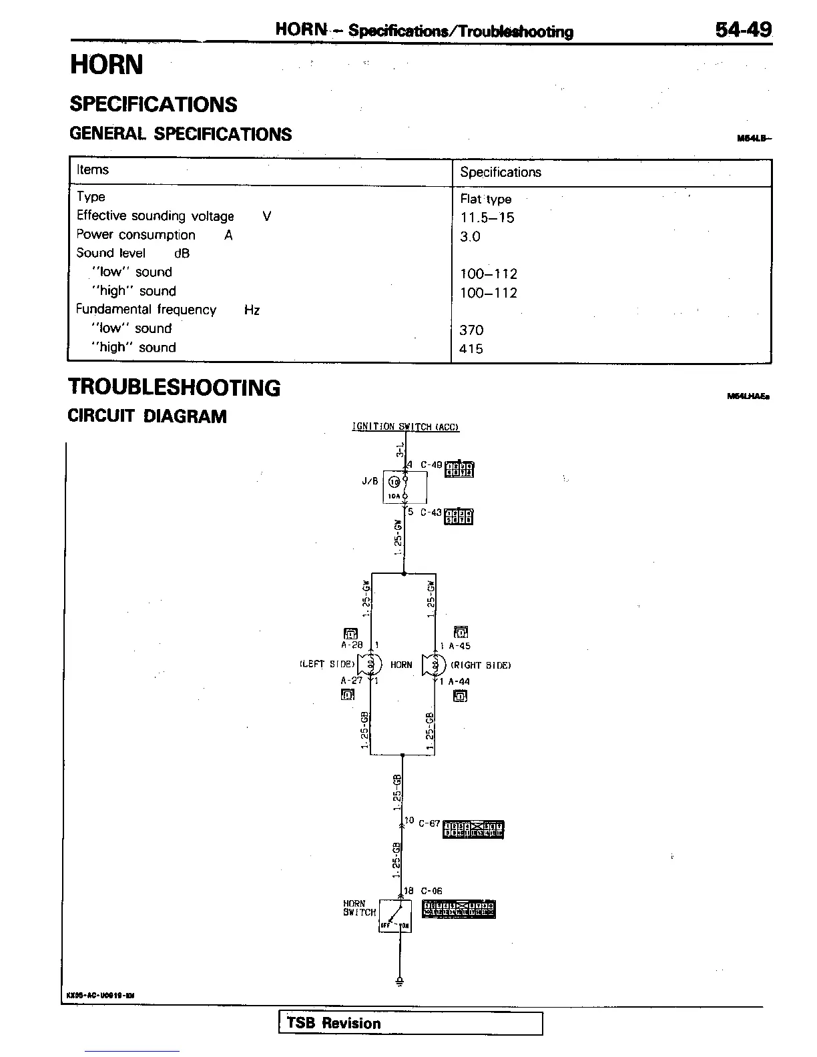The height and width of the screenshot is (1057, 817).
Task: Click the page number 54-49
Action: [744, 29]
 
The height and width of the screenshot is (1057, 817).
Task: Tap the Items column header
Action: [93, 169]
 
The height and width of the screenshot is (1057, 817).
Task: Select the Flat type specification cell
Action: [486, 199]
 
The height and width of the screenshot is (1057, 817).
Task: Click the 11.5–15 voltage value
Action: [487, 218]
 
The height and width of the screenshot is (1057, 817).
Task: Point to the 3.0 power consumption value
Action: [470, 236]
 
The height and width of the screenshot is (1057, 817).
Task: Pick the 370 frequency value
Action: [471, 330]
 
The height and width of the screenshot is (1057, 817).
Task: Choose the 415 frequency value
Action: [471, 348]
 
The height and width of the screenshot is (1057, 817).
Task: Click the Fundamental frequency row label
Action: [146, 310]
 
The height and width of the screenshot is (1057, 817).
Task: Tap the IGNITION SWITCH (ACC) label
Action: [405, 427]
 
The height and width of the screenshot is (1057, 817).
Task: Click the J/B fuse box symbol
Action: [404, 487]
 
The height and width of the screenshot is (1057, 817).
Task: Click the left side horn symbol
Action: [369, 664]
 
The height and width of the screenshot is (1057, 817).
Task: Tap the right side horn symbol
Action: [435, 665]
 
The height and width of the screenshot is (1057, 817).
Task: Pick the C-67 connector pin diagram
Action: [473, 829]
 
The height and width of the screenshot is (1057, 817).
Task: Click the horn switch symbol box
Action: [395, 916]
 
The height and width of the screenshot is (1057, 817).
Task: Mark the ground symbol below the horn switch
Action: [400, 981]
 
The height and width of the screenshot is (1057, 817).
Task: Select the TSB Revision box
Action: [410, 1023]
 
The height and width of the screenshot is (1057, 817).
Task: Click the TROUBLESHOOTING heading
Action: [175, 388]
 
